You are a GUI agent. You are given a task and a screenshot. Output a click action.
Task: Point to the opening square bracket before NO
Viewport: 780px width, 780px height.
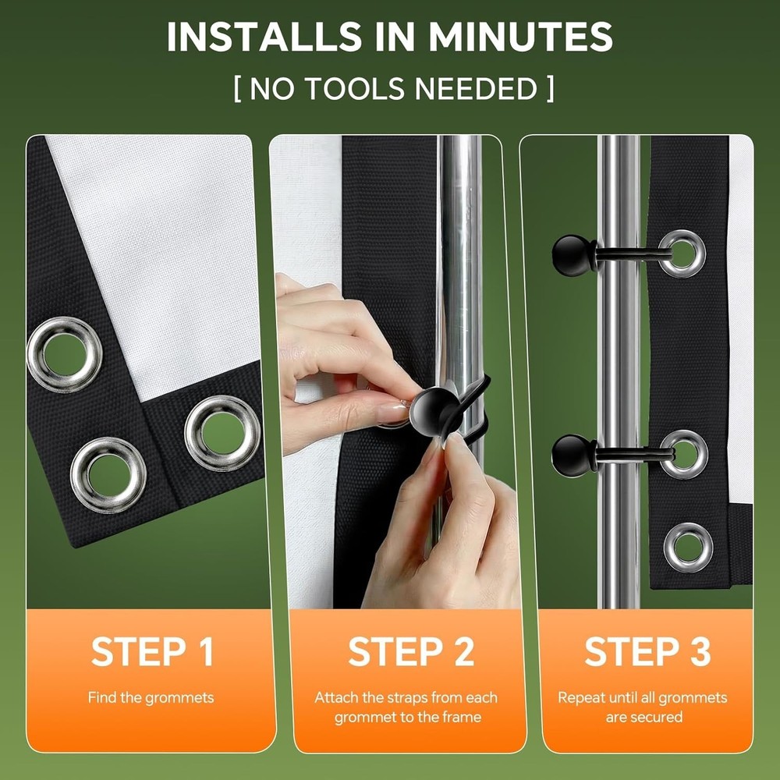point(237,89)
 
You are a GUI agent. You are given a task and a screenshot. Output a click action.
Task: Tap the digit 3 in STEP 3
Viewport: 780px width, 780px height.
point(699,652)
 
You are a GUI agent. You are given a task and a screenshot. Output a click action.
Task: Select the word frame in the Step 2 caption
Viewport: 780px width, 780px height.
point(463,717)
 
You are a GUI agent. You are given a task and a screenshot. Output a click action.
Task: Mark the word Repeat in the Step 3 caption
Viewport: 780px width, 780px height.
point(578,697)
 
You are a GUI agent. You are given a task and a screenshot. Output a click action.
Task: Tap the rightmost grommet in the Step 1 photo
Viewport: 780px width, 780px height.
point(222,433)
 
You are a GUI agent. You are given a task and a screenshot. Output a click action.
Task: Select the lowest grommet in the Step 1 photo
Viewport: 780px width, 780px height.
point(108,475)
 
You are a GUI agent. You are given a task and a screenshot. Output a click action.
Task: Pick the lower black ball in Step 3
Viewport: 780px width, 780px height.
point(573,454)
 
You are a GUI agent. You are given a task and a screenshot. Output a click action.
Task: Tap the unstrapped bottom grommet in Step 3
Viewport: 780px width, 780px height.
point(688,547)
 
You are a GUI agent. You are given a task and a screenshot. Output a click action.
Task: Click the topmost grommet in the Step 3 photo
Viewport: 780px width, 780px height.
point(682,253)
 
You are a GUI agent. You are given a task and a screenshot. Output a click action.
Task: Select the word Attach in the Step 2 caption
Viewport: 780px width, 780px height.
point(335,697)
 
